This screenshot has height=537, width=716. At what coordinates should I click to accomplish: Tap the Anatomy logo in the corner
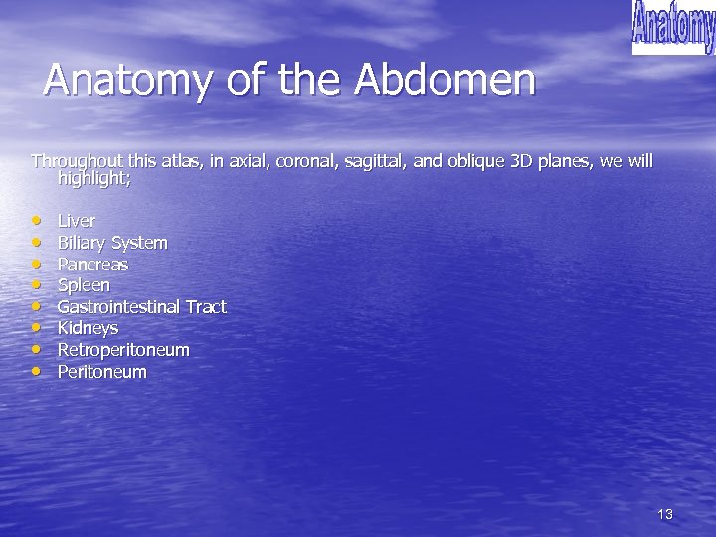click(673, 27)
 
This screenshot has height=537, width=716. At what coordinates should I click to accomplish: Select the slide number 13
click(665, 514)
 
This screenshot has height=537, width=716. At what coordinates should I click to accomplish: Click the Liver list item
click(77, 221)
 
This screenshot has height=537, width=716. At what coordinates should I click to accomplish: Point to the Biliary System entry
click(112, 243)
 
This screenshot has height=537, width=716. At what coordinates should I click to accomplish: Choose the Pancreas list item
click(92, 265)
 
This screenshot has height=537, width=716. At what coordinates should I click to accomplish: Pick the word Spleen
click(84, 285)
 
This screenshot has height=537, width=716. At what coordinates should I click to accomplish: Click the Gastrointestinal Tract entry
click(141, 307)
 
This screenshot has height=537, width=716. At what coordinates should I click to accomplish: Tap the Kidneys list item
click(88, 328)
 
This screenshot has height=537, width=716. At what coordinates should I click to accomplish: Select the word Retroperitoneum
click(123, 350)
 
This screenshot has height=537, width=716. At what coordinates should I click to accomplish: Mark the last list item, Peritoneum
click(101, 372)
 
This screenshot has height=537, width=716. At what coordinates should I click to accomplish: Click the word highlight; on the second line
click(94, 180)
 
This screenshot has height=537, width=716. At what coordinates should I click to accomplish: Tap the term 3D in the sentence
click(521, 161)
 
